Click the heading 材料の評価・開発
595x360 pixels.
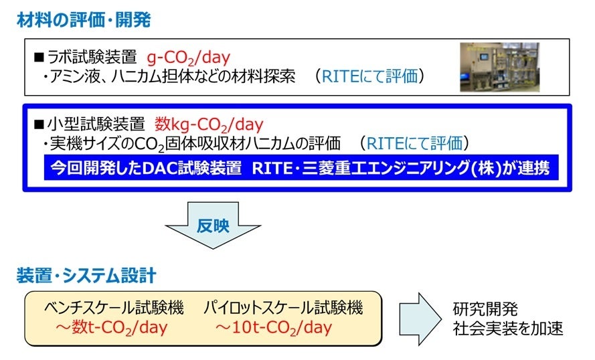point(84,20)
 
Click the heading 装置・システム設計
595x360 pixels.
point(86,275)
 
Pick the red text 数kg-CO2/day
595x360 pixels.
point(209,124)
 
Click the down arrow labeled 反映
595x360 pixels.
point(213,226)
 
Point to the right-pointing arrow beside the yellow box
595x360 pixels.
point(418,318)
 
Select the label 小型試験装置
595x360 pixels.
point(94,124)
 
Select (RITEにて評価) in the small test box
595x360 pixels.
point(413,143)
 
